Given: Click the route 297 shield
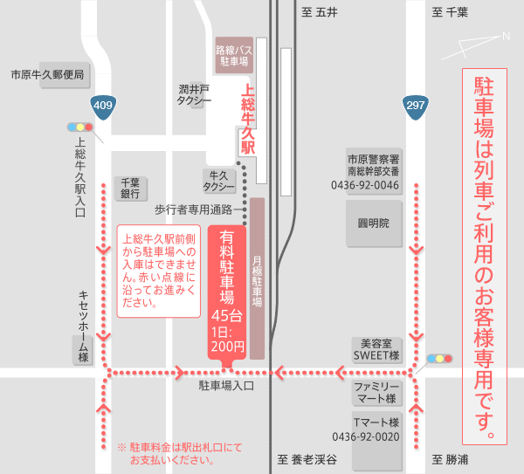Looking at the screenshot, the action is (415, 106).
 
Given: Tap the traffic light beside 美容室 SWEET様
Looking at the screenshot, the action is (441, 359).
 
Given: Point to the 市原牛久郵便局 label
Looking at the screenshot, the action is (47, 75).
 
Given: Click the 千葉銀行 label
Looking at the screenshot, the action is (130, 188).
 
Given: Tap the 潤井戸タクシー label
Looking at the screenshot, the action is (194, 94).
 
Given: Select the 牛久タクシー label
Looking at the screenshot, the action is (219, 181).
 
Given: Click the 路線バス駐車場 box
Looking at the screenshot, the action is (233, 57).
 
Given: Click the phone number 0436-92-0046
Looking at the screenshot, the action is (365, 185).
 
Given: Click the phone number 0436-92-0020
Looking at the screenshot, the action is (365, 436).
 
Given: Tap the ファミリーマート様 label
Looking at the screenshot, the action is (376, 392).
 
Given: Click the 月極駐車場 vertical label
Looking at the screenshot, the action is (257, 279).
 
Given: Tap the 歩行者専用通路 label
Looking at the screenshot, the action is (193, 210).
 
